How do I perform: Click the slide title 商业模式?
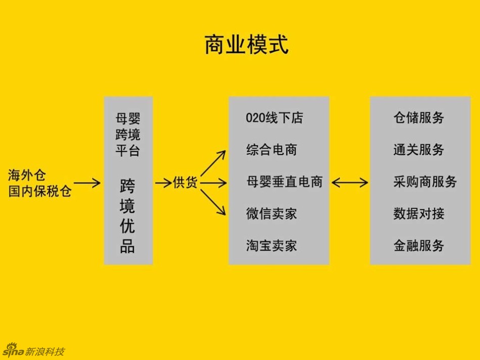(x=246, y=44)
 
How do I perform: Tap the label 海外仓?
(x=27, y=175)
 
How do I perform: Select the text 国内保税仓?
(x=40, y=191)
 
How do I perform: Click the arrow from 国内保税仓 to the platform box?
(x=87, y=183)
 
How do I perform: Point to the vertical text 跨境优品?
(x=127, y=216)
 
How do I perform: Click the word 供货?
(x=185, y=183)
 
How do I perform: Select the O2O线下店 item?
(x=274, y=118)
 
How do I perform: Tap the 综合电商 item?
(x=271, y=150)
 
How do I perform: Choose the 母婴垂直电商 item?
(x=284, y=182)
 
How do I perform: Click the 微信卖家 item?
(x=271, y=214)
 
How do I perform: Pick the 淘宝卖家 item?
(x=271, y=246)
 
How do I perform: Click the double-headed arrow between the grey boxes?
(x=350, y=182)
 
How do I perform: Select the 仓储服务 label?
(x=419, y=118)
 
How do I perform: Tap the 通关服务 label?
(x=419, y=150)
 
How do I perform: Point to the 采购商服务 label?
(x=425, y=182)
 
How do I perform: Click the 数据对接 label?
(x=419, y=214)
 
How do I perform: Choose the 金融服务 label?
(x=419, y=246)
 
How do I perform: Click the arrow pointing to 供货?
(x=163, y=183)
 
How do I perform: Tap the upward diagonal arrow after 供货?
(x=213, y=163)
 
